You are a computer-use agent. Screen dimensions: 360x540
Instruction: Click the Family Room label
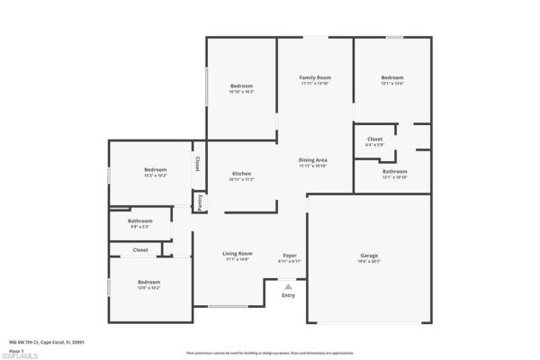(315, 78)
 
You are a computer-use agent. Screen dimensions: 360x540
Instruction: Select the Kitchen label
(241, 174)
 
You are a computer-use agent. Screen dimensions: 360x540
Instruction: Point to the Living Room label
(238, 254)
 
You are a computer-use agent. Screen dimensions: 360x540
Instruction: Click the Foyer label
(289, 255)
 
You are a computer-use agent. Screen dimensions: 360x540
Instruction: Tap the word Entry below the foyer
(288, 295)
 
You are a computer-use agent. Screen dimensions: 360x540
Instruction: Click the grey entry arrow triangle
(288, 286)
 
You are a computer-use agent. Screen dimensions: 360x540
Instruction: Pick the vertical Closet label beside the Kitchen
(196, 165)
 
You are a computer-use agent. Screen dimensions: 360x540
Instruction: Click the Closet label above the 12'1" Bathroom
(374, 139)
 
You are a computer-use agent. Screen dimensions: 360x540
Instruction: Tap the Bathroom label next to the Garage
(394, 171)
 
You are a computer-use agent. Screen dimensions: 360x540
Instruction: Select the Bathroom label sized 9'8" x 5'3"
(139, 220)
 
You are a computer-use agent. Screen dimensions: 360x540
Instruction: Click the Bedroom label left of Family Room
(241, 86)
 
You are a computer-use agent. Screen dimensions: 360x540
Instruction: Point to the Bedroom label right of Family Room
(392, 78)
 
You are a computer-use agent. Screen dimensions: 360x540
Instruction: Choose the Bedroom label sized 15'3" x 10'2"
(156, 169)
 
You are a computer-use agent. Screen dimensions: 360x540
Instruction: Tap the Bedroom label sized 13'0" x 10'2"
(149, 283)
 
